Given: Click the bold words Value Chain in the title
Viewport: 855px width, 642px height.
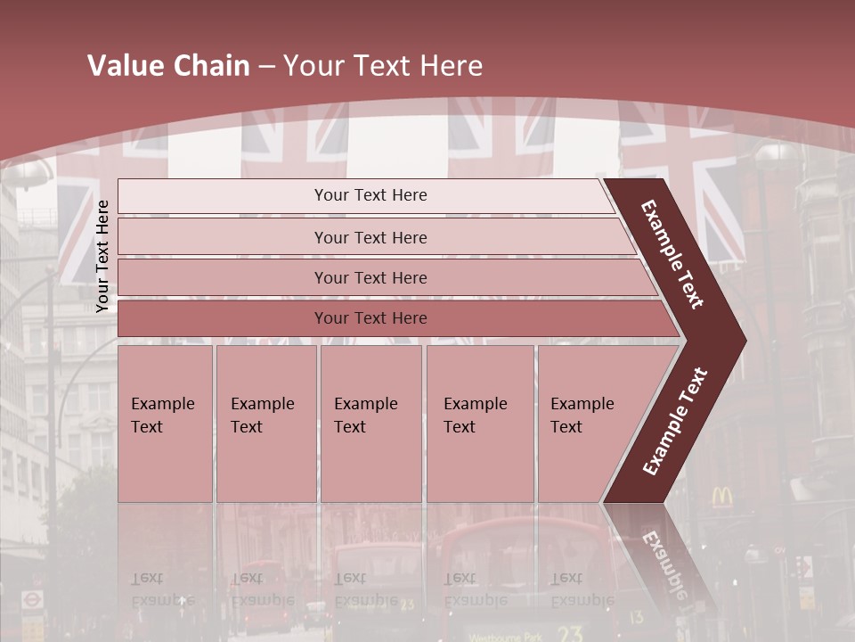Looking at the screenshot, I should coord(168,66).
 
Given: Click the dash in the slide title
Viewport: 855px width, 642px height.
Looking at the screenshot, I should coord(266,67).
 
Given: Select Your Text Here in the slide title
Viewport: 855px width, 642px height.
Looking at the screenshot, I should coord(383,66).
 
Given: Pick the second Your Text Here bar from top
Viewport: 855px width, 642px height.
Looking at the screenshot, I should coord(370,237).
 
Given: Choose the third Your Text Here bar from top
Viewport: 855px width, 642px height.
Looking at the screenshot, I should coord(370,277).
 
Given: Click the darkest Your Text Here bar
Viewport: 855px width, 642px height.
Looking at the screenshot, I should coord(370,318).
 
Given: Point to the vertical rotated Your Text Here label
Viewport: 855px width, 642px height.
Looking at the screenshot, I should coord(102,256).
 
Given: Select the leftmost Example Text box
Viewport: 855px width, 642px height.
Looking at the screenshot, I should coord(165,424).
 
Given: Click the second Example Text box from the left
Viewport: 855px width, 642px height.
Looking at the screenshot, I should coord(265,424).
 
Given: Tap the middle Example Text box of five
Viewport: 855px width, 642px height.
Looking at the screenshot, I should coord(370,424).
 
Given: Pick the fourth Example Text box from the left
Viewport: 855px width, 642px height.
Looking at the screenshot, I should coord(480,424).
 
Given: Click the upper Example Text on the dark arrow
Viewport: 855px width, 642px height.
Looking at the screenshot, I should coord(672,254).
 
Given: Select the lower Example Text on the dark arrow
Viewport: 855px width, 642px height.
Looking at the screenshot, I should coord(675,422).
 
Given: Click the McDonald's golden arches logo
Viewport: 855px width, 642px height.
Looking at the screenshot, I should coord(722,498).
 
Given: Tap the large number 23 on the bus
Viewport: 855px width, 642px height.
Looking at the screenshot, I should coord(570,633).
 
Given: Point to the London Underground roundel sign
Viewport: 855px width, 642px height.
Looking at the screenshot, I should coord(32,600).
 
